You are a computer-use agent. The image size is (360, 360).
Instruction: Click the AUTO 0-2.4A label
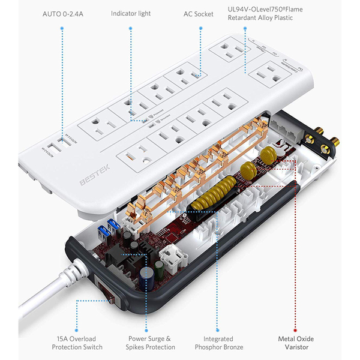(x=62, y=14)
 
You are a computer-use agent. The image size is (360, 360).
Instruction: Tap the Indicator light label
(x=131, y=14)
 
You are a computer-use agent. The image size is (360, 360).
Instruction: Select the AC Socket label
(x=199, y=14)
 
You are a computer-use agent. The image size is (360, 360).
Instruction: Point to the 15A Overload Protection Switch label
(x=77, y=343)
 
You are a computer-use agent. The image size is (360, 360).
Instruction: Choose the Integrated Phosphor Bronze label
(x=218, y=343)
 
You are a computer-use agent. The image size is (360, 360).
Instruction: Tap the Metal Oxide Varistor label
(x=295, y=343)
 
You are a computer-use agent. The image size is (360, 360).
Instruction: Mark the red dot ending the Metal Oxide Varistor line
(x=295, y=329)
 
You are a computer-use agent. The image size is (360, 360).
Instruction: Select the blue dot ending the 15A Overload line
(x=77, y=329)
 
